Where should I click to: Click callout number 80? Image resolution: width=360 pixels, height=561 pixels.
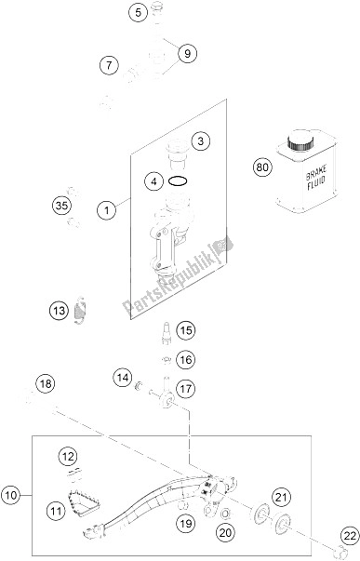262,167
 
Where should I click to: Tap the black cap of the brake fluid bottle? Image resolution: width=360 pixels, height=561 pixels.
300,140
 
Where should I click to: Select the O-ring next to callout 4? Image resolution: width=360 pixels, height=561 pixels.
178,181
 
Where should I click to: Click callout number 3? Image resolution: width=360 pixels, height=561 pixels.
200,141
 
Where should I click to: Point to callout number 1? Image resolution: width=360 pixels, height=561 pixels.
107,209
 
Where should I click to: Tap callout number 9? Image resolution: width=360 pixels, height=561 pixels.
187,54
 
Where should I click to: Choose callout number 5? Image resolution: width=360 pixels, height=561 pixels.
138,13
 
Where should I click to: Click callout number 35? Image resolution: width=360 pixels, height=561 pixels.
61,206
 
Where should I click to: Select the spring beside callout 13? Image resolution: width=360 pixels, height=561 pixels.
79,310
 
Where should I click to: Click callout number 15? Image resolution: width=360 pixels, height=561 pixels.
186,330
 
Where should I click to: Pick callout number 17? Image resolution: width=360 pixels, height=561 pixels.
186,388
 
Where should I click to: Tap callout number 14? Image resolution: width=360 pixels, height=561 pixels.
123,378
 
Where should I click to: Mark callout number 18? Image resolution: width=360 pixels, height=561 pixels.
46,384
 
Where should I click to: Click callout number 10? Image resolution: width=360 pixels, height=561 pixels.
11,496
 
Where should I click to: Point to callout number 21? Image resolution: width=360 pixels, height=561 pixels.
282,497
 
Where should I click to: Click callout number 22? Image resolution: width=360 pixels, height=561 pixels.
350,536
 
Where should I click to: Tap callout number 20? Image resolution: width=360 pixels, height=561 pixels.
225,533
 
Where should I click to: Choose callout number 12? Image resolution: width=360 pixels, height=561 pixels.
68,456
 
